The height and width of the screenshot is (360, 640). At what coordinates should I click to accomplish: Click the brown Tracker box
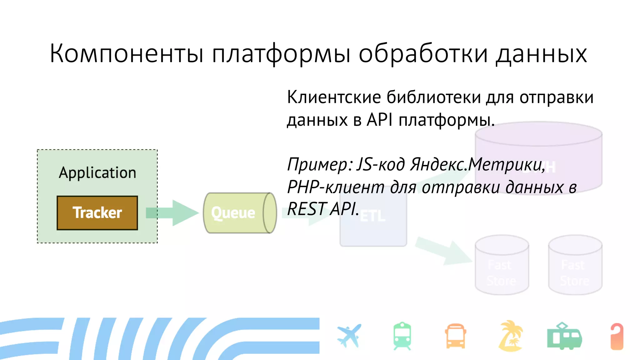(x=97, y=213)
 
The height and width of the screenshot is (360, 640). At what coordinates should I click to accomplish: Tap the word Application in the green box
(x=97, y=173)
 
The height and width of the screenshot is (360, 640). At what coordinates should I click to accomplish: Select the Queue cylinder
(x=239, y=213)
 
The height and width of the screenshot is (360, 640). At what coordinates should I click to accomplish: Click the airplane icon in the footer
(x=349, y=336)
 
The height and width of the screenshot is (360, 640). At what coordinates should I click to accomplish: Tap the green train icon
(x=402, y=336)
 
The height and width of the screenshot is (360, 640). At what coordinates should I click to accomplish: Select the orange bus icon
(x=456, y=336)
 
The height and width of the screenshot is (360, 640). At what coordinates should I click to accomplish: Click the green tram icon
(x=564, y=336)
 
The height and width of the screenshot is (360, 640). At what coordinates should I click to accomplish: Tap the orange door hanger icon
(x=617, y=336)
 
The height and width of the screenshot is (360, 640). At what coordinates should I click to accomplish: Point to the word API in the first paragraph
(x=380, y=120)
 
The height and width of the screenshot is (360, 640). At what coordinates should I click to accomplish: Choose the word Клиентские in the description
(x=334, y=97)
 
